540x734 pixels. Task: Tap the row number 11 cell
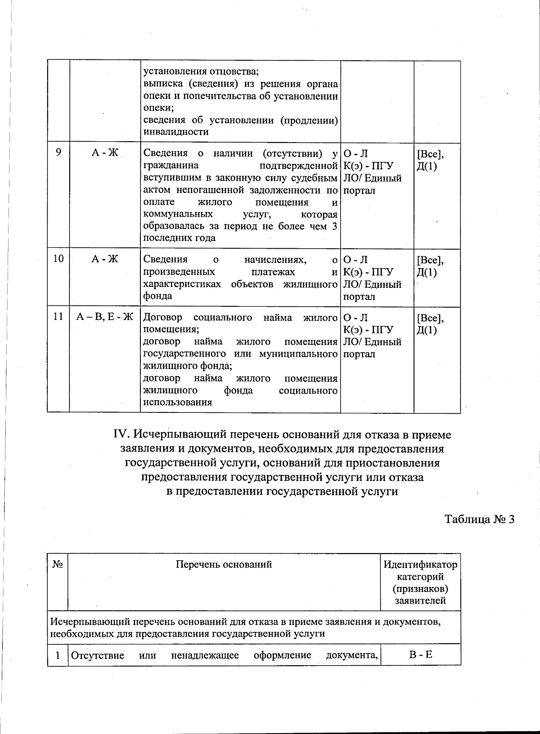tap(58, 317)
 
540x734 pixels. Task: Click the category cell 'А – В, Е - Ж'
tap(104, 317)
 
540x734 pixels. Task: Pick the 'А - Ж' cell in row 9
tap(104, 152)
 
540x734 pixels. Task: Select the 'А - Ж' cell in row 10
tap(104, 259)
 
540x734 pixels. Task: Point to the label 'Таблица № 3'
tap(479, 519)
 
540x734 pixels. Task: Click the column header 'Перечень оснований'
tap(224, 564)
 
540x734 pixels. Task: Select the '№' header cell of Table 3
tap(57, 564)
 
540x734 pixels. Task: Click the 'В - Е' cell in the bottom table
tap(420, 654)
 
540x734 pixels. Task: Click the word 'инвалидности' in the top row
tap(170, 132)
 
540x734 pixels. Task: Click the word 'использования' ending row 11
tap(177, 402)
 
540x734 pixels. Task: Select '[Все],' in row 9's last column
tap(430, 154)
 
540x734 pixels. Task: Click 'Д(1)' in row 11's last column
tap(427, 330)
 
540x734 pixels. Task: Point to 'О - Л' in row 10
tap(355, 260)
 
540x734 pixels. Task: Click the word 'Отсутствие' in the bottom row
tap(98, 655)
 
